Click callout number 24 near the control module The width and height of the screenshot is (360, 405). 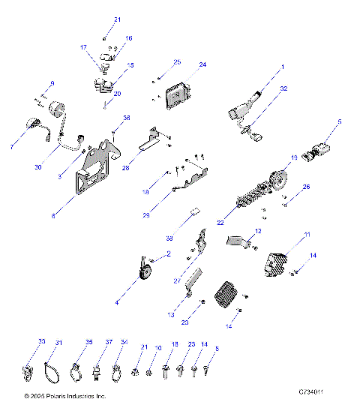point(202,65)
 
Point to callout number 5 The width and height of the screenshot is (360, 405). point(339,121)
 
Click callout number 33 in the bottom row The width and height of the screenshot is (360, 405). point(41,341)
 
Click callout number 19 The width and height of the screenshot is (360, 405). point(294,157)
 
